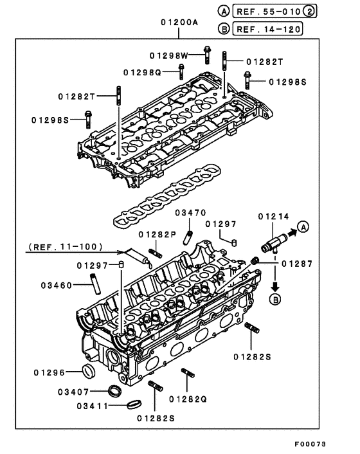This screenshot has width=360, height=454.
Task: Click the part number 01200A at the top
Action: pyautogui.click(x=179, y=23)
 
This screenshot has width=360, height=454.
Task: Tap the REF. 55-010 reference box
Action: pyautogui.click(x=274, y=12)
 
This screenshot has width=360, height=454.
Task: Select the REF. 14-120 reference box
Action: pyautogui.click(x=267, y=29)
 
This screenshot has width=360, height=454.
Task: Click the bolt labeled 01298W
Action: pyautogui.click(x=206, y=55)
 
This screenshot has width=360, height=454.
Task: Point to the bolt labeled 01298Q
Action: pyautogui.click(x=181, y=72)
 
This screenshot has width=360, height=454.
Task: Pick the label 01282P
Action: pyautogui.click(x=157, y=235)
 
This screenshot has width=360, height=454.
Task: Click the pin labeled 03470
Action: pyautogui.click(x=188, y=237)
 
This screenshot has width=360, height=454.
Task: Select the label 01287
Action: pyautogui.click(x=297, y=264)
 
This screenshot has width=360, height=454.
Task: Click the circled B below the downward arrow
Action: pyautogui.click(x=275, y=299)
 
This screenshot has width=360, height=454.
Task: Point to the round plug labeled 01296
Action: pyautogui.click(x=89, y=372)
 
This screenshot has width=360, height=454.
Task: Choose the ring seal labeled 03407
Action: pyautogui.click(x=115, y=391)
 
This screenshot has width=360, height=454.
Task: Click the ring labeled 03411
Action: pyautogui.click(x=134, y=404)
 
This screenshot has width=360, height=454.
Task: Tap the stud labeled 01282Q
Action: pyautogui.click(x=188, y=372)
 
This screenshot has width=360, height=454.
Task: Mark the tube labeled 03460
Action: pyautogui.click(x=95, y=284)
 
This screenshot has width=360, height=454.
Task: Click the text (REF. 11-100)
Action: pyautogui.click(x=66, y=247)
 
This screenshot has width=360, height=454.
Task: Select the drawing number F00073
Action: pyautogui.click(x=310, y=444)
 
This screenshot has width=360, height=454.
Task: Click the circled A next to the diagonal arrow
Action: pyautogui.click(x=303, y=227)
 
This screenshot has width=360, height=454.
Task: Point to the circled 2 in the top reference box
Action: pyautogui.click(x=309, y=12)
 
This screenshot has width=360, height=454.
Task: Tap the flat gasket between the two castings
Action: pyautogui.click(x=167, y=196)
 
